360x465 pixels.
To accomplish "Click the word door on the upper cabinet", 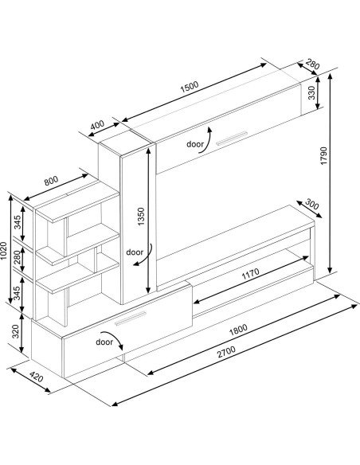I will [x=194, y=144].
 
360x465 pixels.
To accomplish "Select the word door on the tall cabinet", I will [x=133, y=252].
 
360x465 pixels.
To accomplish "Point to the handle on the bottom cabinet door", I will [x=132, y=319].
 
